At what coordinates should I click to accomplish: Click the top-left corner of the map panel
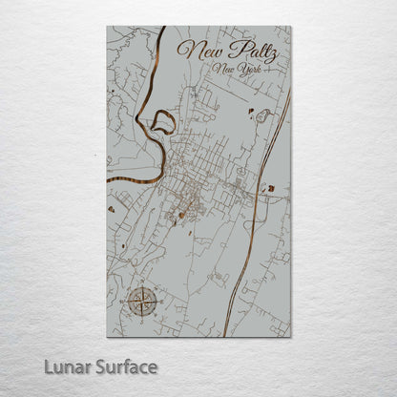(108, 27)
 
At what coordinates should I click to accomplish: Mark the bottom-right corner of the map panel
(290, 337)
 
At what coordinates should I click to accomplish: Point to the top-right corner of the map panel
(290, 27)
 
